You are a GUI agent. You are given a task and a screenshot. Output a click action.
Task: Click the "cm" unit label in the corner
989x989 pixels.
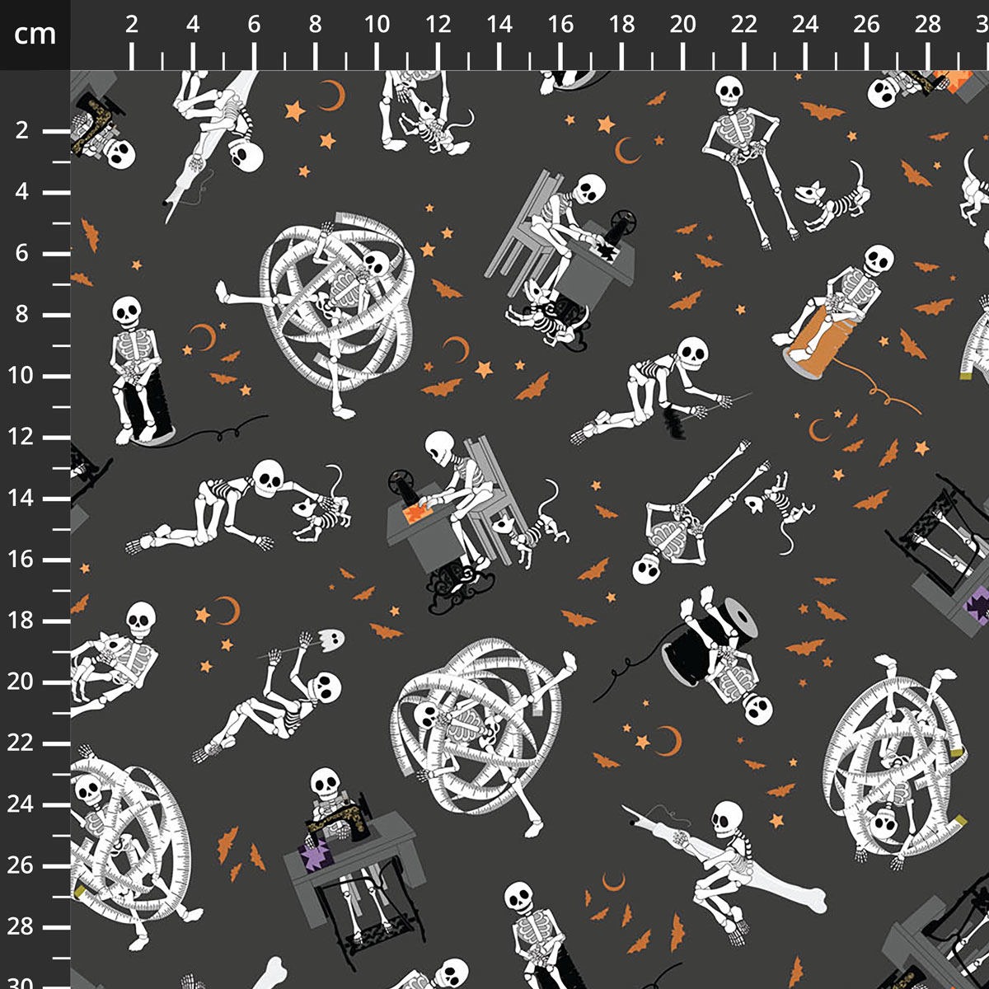coord(35,34)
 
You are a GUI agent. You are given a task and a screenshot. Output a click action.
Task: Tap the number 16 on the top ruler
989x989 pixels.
coord(560,24)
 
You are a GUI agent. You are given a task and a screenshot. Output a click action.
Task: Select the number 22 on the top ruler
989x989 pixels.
coord(743,24)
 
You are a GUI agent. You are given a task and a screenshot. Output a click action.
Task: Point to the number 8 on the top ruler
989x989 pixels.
coord(315,24)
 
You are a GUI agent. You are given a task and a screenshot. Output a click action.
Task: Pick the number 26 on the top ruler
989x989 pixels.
coord(866,24)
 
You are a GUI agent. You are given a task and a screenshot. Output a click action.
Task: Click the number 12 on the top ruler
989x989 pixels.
coord(438,24)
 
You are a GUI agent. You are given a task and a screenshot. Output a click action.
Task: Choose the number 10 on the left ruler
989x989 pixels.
coord(21,376)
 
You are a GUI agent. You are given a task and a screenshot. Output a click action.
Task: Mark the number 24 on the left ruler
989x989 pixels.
coord(21,804)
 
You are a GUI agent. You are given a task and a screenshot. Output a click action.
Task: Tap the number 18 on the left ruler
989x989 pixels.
coord(21,621)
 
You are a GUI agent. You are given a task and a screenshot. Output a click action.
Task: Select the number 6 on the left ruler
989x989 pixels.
coord(21,253)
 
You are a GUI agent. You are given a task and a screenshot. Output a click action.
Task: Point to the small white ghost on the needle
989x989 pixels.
coord(331,639)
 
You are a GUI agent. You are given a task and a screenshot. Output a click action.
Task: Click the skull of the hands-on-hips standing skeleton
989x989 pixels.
coord(729,91)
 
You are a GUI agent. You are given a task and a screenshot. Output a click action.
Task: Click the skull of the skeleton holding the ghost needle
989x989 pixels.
coord(325,687)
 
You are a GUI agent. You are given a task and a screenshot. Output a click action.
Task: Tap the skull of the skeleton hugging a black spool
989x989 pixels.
coord(757,710)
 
